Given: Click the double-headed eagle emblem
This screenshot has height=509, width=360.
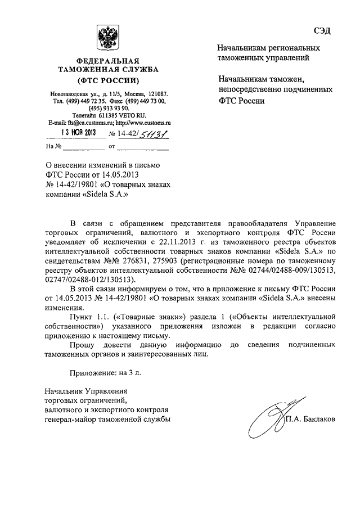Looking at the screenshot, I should tap(106, 38).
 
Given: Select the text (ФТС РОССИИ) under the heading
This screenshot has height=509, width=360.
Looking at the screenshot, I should tap(107, 80).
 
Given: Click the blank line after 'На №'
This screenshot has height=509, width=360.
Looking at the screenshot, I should tap(83, 147).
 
